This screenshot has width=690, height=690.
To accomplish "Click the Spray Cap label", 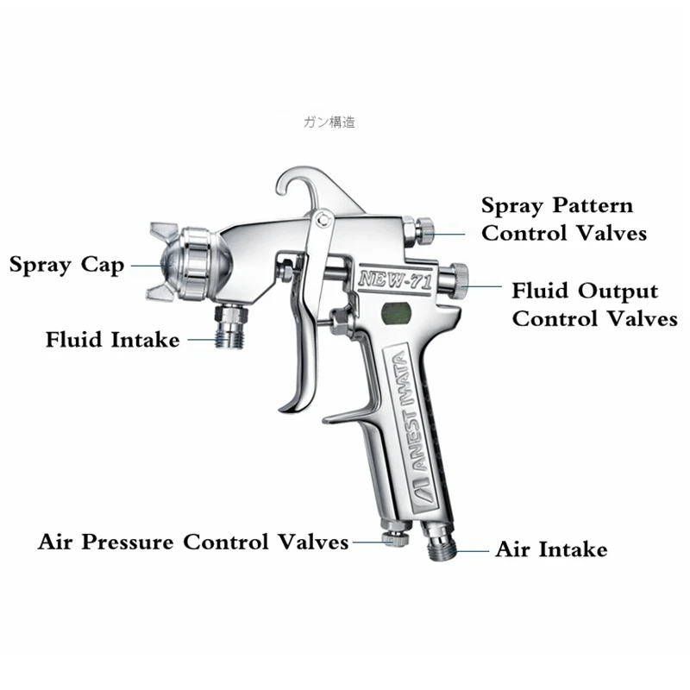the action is [x=66, y=263].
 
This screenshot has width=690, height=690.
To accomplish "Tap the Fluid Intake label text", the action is [x=113, y=340].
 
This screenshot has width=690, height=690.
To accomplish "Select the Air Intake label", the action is [x=551, y=549].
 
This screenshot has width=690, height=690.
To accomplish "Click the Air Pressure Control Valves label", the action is [x=193, y=543].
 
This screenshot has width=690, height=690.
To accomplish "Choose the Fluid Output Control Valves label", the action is [x=593, y=304].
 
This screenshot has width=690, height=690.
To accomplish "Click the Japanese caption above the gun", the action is [x=329, y=122].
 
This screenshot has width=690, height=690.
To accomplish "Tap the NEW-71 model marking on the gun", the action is [x=386, y=278].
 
